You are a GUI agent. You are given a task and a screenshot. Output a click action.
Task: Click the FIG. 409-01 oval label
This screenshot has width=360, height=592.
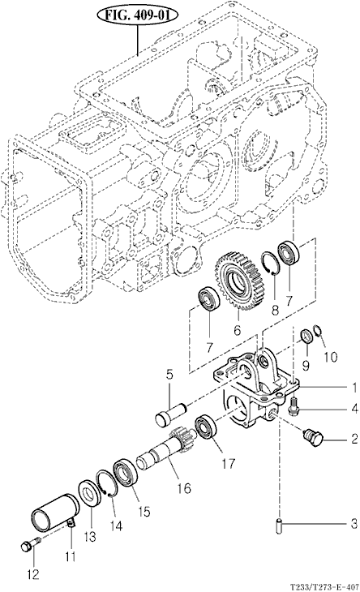tap(137, 15)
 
